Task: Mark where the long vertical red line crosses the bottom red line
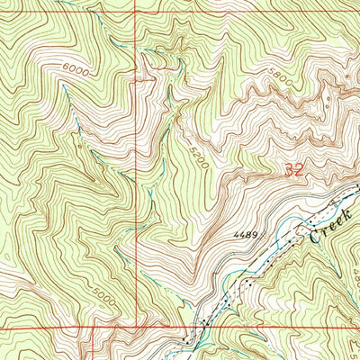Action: (x=137, y=328)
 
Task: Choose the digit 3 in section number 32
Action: (x=287, y=168)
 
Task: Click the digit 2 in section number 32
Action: (x=297, y=168)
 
